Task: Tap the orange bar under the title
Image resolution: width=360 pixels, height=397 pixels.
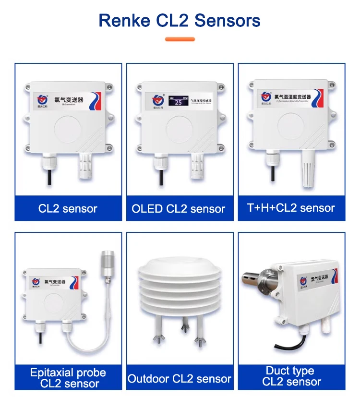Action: click(180, 39)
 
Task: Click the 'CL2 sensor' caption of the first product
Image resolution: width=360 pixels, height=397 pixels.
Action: click(68, 209)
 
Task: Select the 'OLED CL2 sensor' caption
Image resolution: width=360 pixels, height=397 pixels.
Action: click(179, 209)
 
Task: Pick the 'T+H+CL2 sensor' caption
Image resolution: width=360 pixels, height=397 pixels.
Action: click(291, 208)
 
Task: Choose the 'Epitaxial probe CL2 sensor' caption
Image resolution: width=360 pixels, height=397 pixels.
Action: click(68, 378)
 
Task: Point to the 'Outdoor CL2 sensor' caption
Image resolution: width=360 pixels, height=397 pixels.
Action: click(180, 379)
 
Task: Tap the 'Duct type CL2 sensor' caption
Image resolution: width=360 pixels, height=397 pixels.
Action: click(290, 376)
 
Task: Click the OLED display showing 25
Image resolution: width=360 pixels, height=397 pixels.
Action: click(178, 102)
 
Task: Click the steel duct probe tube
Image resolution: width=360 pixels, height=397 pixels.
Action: click(263, 277)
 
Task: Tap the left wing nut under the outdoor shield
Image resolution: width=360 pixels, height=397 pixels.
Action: click(157, 341)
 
